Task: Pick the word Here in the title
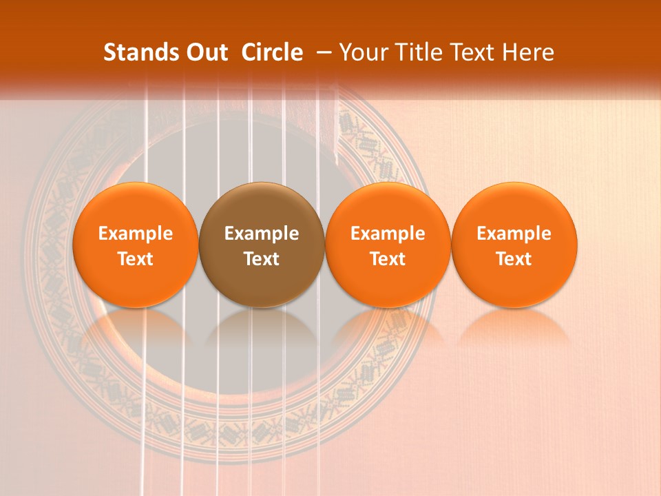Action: [x=528, y=52]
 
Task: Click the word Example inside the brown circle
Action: [x=262, y=234]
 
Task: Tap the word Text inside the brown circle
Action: [x=262, y=259]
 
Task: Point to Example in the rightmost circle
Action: [x=514, y=234]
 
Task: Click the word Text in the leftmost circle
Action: [x=136, y=259]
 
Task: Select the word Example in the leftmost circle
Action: [x=136, y=234]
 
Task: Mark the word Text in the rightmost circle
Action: [x=514, y=259]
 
